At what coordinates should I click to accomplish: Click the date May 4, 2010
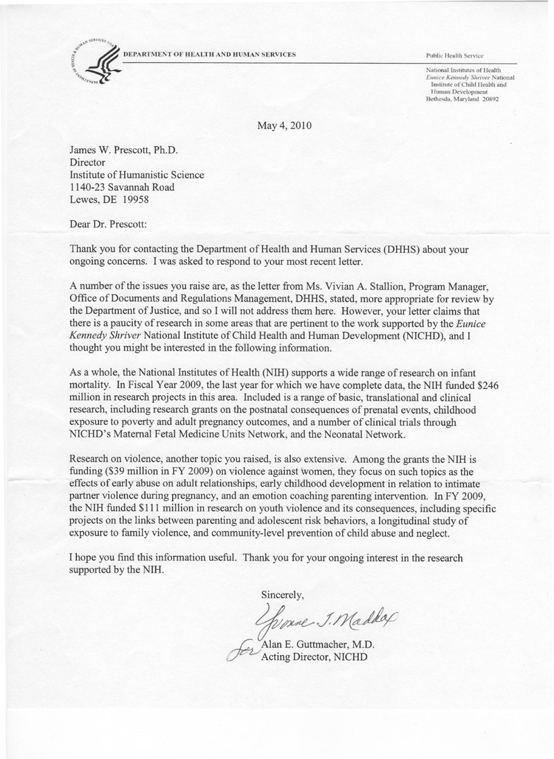[284, 126]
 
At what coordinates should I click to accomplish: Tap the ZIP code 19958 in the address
[133, 200]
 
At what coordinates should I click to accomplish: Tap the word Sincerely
[282, 593]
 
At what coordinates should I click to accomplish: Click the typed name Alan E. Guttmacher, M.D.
[319, 644]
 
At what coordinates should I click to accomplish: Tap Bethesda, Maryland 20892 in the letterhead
[461, 99]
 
